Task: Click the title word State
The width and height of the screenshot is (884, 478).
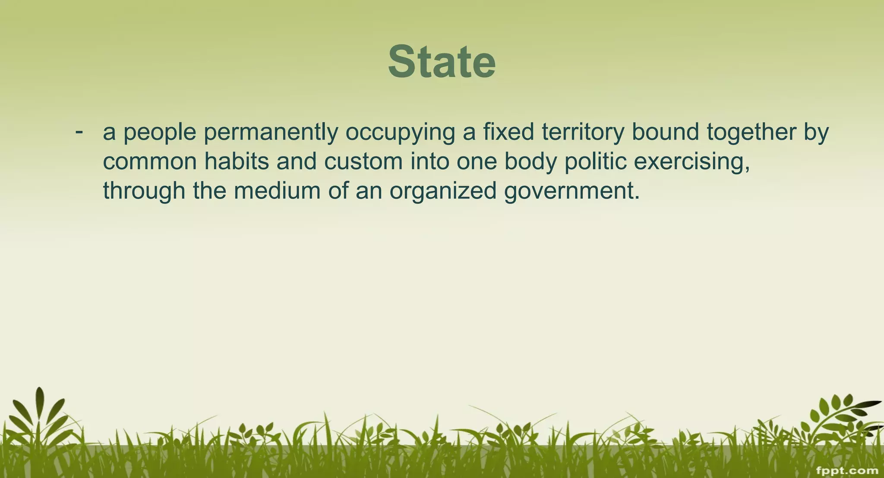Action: (x=442, y=62)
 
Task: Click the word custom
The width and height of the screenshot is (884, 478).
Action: (x=363, y=162)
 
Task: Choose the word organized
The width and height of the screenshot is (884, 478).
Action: (x=443, y=191)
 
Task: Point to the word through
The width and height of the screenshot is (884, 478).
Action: (x=144, y=191)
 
